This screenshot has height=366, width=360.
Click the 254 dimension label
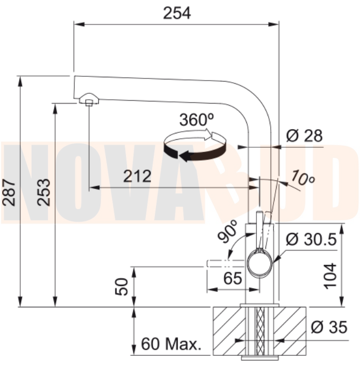177,13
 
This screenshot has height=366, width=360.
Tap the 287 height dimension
9,193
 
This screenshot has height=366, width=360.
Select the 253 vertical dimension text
44,192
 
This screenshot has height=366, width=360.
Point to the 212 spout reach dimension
137,176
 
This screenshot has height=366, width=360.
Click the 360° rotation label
197,120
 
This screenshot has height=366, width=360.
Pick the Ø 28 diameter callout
304,136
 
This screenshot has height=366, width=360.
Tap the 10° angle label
303,178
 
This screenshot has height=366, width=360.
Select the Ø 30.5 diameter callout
311,239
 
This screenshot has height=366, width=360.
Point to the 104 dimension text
330,276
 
